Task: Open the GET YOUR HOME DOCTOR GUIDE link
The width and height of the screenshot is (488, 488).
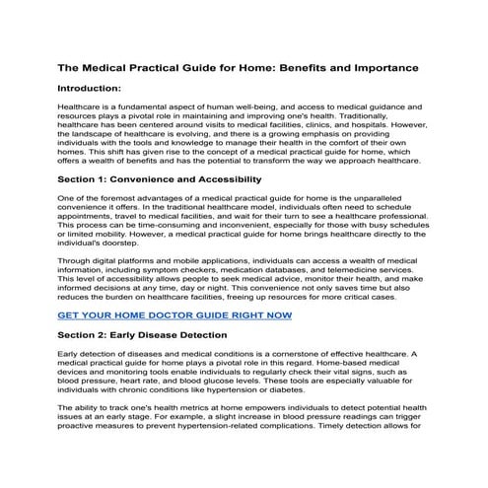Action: (x=174, y=316)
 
